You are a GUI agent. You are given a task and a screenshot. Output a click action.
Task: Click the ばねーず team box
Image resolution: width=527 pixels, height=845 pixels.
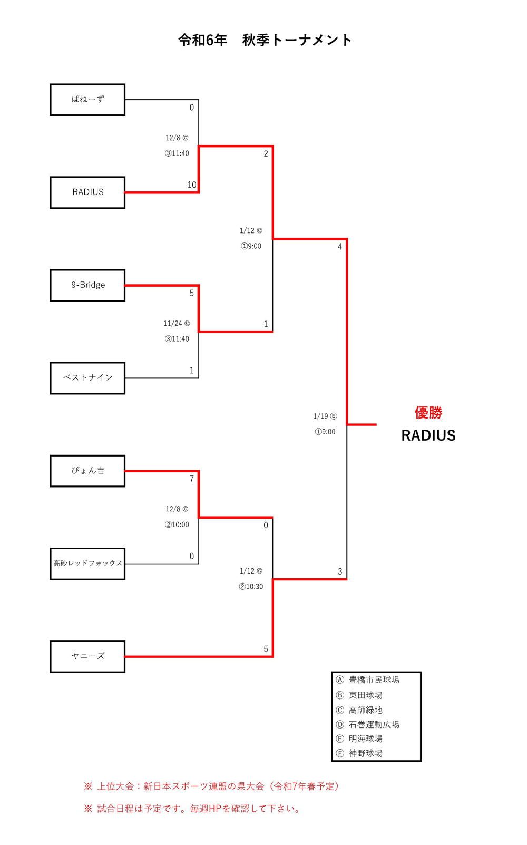(x=87, y=100)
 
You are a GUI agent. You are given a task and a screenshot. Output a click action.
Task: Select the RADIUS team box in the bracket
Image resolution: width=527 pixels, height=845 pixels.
(x=87, y=192)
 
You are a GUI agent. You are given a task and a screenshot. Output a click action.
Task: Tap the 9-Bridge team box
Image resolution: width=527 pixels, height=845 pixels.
(x=87, y=285)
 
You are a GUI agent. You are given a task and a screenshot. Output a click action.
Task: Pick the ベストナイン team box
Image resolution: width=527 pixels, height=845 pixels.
(x=87, y=378)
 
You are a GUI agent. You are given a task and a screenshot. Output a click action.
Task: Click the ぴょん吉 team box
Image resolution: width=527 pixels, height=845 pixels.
(x=87, y=471)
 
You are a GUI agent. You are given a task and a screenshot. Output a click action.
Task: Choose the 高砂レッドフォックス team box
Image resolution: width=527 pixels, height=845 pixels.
(x=87, y=564)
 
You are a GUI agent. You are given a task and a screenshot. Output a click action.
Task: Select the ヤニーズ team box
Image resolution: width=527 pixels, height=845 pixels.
(x=87, y=656)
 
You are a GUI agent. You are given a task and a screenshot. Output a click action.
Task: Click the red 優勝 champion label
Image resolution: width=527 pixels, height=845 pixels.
(x=428, y=413)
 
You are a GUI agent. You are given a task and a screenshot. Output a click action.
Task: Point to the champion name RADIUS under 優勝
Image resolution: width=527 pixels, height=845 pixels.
(x=428, y=435)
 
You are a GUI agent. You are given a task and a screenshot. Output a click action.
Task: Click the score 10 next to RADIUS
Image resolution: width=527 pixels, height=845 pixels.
(x=192, y=185)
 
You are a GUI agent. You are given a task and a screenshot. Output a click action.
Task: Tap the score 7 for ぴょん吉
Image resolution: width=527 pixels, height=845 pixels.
(x=192, y=479)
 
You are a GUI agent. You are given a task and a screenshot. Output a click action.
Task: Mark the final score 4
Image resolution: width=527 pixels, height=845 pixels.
(x=340, y=247)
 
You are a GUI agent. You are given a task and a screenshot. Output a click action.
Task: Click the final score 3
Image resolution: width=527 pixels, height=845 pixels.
(x=340, y=571)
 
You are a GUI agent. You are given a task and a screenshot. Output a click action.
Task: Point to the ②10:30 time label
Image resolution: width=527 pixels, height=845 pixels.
(x=251, y=586)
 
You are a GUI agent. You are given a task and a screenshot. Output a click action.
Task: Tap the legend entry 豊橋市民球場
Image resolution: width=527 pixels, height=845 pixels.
(x=374, y=680)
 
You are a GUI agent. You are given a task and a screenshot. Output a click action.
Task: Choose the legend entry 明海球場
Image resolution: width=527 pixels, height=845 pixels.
(x=365, y=739)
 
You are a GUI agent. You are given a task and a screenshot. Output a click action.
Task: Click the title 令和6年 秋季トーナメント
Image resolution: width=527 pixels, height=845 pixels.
(x=265, y=40)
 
